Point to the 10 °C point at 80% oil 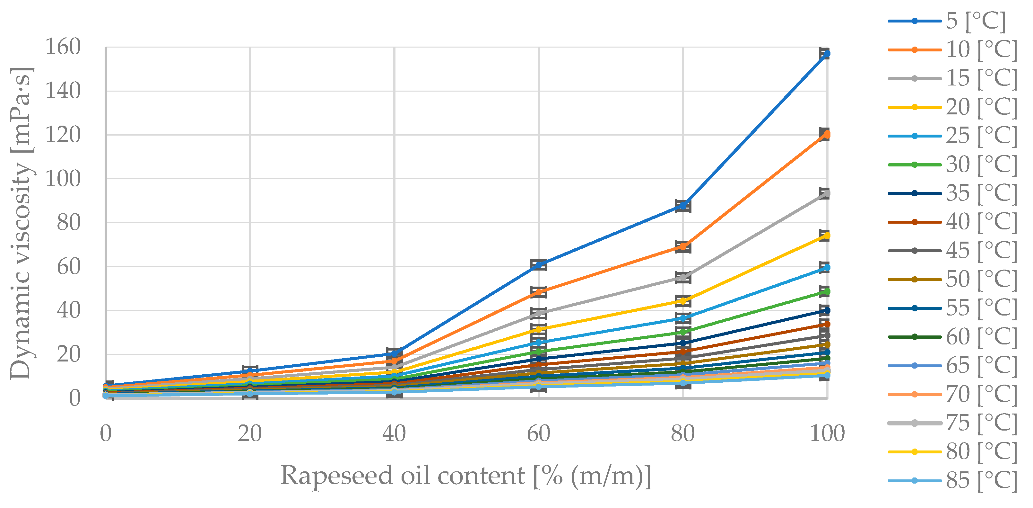tap(683, 247)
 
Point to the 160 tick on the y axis tap(63, 47)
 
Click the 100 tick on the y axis tap(63, 179)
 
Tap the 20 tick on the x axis tap(249, 434)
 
